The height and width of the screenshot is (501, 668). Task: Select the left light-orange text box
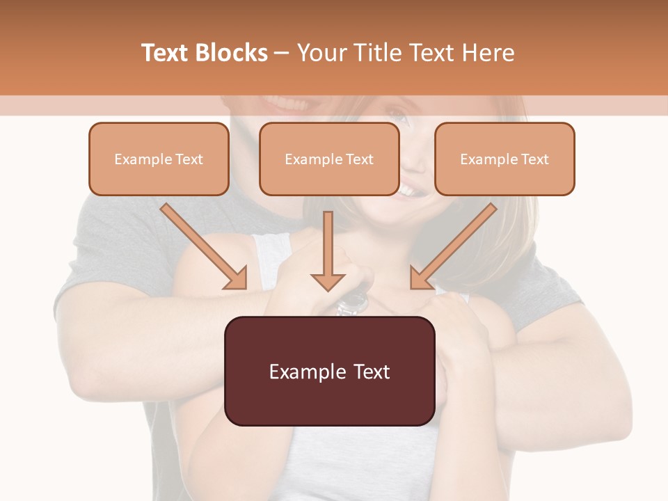[159, 159]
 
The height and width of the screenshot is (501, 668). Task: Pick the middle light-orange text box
[329, 159]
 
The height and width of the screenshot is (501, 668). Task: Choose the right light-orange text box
[504, 159]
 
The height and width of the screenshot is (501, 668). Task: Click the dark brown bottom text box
[329, 371]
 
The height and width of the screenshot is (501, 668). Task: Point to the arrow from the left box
[204, 246]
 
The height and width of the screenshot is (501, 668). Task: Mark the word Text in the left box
[189, 159]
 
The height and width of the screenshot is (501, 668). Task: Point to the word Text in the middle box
[360, 159]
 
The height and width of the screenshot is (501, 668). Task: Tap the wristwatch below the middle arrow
[353, 302]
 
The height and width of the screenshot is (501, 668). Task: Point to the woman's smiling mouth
[408, 188]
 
